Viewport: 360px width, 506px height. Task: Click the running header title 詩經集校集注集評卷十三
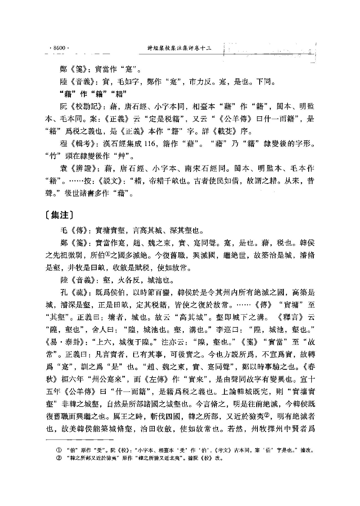point(179,48)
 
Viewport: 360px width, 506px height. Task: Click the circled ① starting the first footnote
point(59,450)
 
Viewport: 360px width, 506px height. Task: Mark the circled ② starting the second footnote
point(59,458)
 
